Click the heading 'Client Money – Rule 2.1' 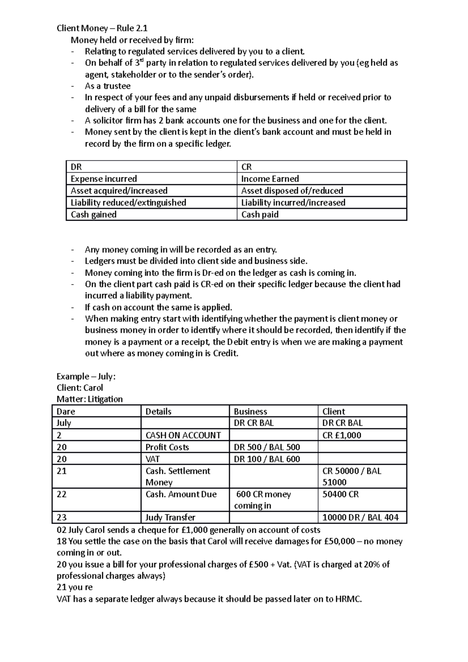[102, 28]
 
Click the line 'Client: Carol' [80, 388]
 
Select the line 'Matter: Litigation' [90, 399]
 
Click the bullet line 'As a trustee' [108, 86]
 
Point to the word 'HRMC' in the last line [348, 599]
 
